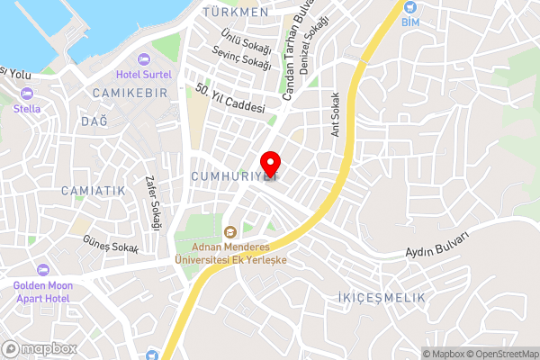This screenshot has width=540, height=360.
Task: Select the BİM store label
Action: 409,21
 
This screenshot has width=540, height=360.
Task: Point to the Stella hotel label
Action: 26,109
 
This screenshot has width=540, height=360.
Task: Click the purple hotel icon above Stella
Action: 26,94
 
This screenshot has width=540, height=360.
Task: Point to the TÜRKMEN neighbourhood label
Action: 236,13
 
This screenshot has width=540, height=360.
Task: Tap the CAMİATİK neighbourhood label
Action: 93,191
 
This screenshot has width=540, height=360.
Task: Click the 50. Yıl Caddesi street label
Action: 230,98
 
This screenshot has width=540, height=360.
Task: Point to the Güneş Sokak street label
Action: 111,246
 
